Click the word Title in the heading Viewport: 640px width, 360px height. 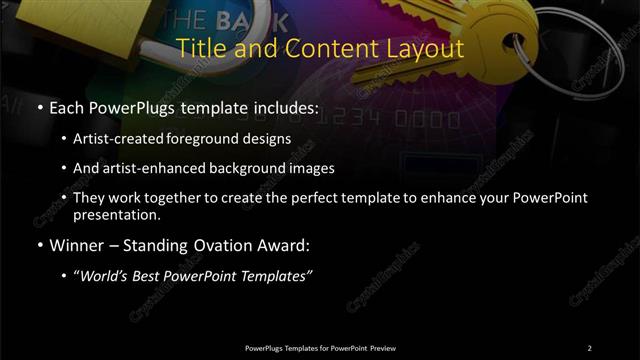pos(199,48)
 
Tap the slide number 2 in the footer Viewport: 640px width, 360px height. pos(589,348)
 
